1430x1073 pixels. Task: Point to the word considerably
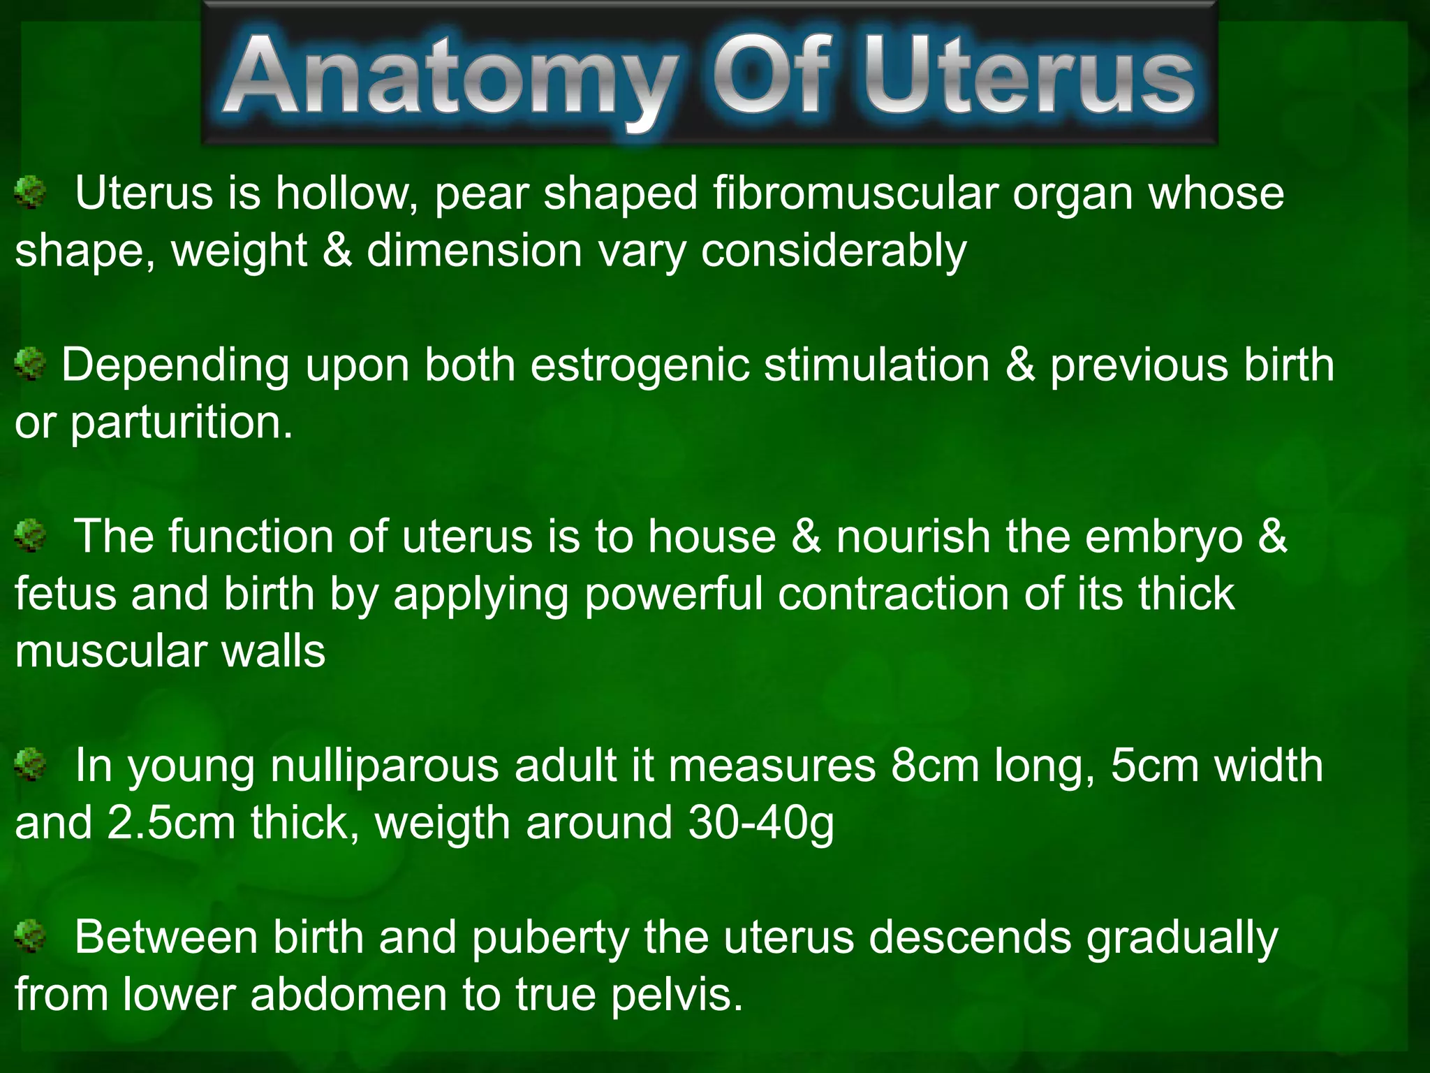pyautogui.click(x=834, y=251)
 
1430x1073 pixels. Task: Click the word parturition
pyautogui.click(x=182, y=423)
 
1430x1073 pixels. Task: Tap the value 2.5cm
pyautogui.click(x=171, y=823)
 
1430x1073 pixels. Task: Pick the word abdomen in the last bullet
pyautogui.click(x=348, y=995)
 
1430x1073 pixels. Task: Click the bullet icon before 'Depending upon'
pyautogui.click(x=30, y=365)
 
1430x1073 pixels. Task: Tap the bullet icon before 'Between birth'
pyautogui.click(x=30, y=937)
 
